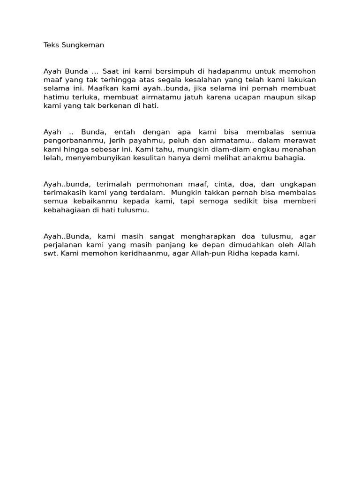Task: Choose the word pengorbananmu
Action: pyautogui.click(x=71, y=141)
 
